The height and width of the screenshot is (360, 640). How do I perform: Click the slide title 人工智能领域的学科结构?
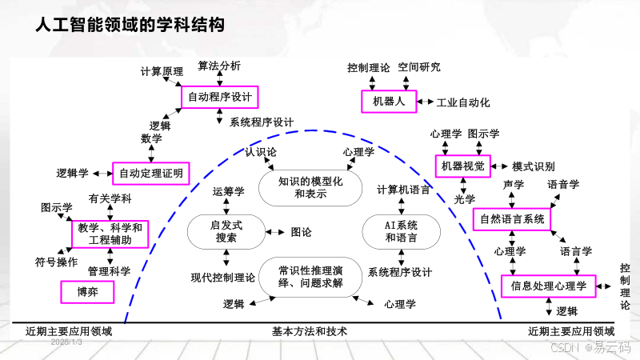click(130, 26)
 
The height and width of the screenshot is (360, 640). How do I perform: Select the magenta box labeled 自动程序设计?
click(219, 98)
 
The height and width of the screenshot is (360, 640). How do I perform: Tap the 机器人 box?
click(390, 102)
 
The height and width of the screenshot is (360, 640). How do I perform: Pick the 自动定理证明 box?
click(151, 172)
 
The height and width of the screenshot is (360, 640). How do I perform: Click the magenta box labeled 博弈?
click(87, 292)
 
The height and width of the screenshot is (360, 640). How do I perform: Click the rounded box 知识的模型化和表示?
click(310, 187)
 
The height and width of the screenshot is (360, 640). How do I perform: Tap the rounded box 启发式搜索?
click(226, 231)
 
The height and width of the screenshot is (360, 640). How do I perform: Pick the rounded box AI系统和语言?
click(402, 231)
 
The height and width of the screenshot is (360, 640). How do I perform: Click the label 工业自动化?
click(463, 102)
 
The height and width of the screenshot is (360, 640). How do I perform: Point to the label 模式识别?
click(533, 166)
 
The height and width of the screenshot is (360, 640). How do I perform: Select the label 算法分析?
click(218, 66)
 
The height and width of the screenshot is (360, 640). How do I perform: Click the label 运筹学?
click(228, 191)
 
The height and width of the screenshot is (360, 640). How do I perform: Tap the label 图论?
click(301, 232)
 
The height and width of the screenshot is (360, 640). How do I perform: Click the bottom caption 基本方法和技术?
click(310, 330)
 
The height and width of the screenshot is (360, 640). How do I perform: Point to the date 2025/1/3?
click(66, 342)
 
